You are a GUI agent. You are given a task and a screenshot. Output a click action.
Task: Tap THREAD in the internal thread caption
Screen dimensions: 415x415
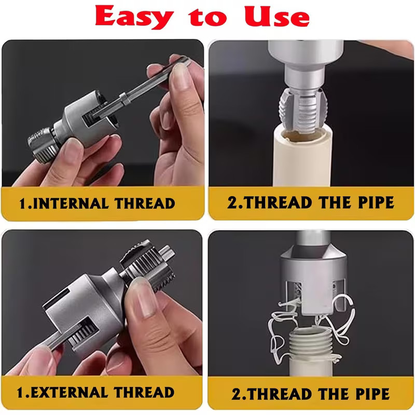coord(146,202)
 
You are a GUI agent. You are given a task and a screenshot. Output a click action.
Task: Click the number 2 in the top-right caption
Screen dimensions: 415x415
coord(232,202)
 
